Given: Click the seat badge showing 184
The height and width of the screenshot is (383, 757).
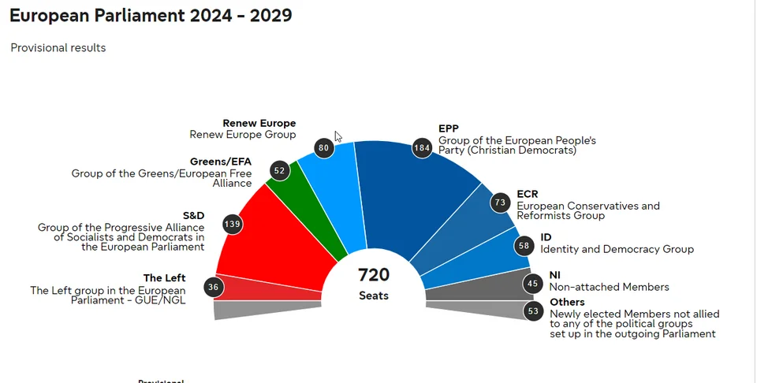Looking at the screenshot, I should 423,148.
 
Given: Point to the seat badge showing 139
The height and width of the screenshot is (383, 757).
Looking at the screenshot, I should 233,225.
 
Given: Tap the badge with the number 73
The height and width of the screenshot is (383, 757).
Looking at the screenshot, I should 499,203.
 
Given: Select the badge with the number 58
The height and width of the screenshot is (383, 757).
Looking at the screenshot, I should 524,246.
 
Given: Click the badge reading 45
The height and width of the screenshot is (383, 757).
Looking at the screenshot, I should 534,284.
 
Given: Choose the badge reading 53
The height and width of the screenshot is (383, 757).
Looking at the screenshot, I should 534,311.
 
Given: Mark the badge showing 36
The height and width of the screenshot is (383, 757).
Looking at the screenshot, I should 213,287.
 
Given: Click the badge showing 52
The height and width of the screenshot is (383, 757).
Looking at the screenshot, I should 279,170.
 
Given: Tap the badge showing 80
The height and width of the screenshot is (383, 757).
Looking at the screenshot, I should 323,147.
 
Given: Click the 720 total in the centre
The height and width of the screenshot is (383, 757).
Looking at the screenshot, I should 374,275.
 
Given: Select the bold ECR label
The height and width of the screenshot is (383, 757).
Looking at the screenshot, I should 528,194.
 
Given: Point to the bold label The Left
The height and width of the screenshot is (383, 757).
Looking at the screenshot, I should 164,278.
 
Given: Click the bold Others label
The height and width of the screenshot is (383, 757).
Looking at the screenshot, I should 567,303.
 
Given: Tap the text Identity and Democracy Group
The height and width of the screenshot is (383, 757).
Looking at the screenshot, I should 617,249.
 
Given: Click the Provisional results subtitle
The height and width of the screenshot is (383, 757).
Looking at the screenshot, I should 58,48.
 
